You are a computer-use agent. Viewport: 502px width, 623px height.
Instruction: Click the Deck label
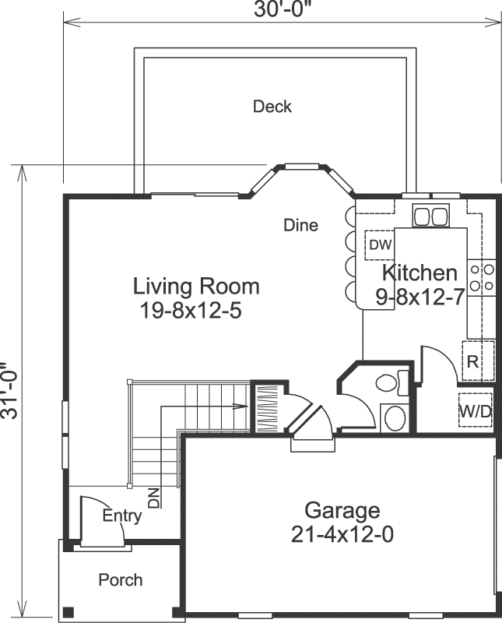pyautogui.click(x=272, y=107)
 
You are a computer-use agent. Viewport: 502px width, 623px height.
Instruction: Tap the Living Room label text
pyautogui.click(x=196, y=286)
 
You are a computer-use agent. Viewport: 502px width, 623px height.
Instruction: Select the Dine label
pyautogui.click(x=300, y=226)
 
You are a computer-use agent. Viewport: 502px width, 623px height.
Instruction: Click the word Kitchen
pyautogui.click(x=420, y=273)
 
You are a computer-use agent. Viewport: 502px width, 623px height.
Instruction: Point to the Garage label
pyautogui.click(x=342, y=511)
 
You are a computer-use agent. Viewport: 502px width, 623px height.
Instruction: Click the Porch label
pyautogui.click(x=121, y=580)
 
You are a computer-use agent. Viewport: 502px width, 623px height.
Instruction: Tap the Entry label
pyautogui.click(x=122, y=516)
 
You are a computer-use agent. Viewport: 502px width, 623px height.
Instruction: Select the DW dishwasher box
pyautogui.click(x=380, y=245)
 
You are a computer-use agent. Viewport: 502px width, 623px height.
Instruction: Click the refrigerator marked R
pyautogui.click(x=472, y=361)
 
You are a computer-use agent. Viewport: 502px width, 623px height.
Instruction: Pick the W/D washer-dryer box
pyautogui.click(x=475, y=413)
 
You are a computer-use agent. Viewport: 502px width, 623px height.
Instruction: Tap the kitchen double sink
pyautogui.click(x=430, y=216)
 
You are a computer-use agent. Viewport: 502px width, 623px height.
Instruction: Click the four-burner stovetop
pyautogui.click(x=482, y=277)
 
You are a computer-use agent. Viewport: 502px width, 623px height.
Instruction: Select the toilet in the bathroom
pyautogui.click(x=388, y=382)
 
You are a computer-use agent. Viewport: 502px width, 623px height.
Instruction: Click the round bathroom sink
pyautogui.click(x=395, y=417)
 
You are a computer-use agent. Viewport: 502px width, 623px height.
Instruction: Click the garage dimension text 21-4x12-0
pyautogui.click(x=342, y=535)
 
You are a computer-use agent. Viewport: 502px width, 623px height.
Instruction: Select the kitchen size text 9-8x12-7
pyautogui.click(x=419, y=296)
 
